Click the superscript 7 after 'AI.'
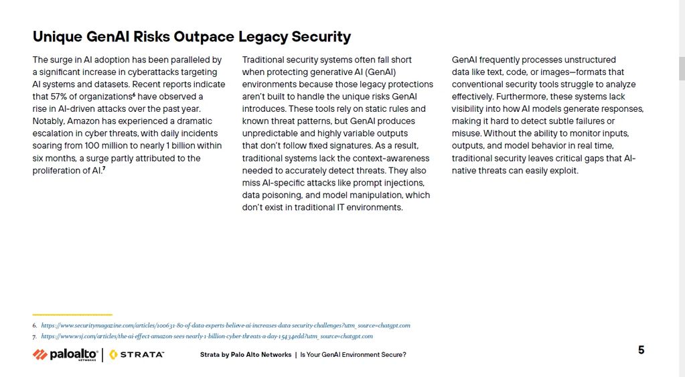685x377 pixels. point(104,169)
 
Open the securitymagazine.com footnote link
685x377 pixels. point(226,325)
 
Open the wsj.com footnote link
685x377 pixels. point(207,336)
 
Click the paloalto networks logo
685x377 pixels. point(66,354)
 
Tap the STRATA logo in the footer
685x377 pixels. point(137,354)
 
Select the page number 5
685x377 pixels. point(641,350)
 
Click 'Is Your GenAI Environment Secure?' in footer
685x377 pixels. point(353,355)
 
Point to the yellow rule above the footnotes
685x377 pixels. point(72,314)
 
